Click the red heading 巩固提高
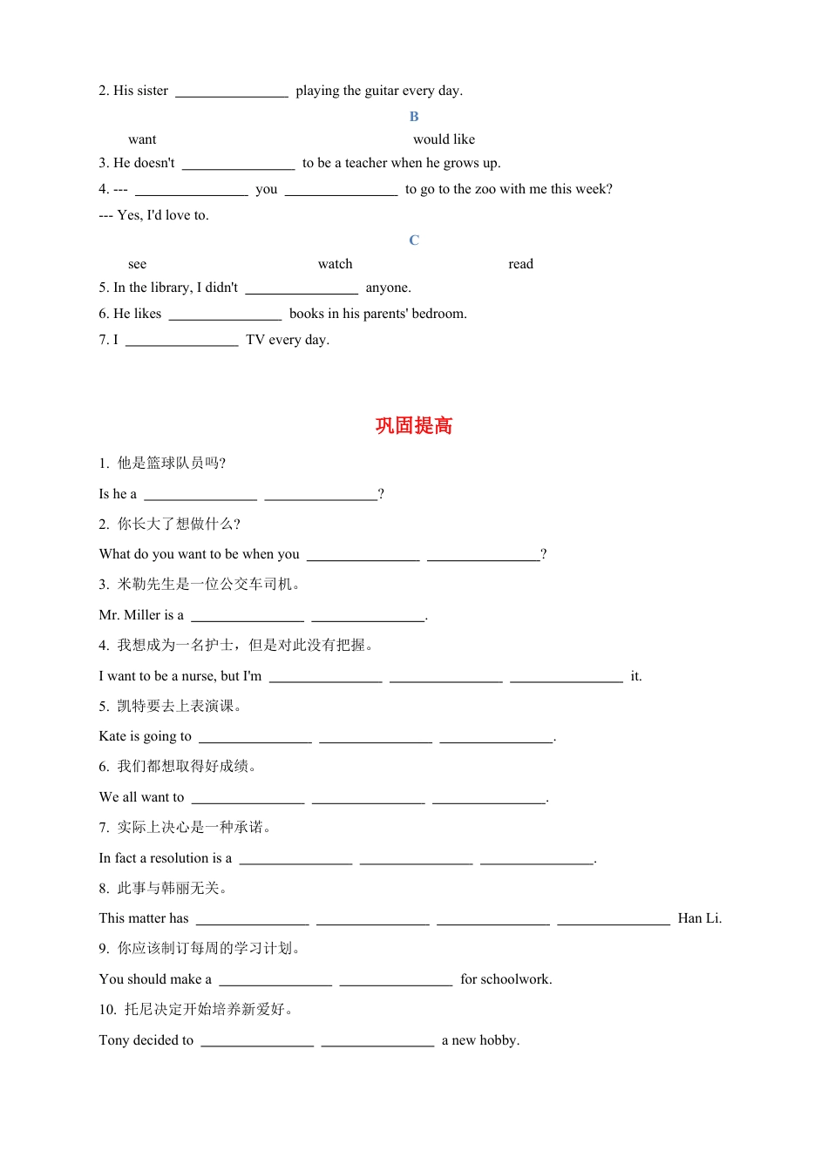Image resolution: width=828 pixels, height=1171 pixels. [x=414, y=426]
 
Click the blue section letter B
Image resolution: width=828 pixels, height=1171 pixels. [x=414, y=117]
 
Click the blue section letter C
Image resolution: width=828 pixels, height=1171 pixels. [x=414, y=240]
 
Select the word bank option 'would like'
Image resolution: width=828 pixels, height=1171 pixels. [x=444, y=139]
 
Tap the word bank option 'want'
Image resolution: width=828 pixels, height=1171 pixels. [x=142, y=139]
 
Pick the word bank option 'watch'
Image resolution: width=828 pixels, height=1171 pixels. [x=335, y=264]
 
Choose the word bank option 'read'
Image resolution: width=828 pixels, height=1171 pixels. [x=520, y=264]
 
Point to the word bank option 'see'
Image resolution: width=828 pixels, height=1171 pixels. [x=137, y=264]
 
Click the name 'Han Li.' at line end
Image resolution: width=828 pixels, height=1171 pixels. [x=699, y=918]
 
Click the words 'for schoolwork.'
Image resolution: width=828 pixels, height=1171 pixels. [x=506, y=979]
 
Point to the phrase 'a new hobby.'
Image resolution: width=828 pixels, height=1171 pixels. [x=480, y=1040]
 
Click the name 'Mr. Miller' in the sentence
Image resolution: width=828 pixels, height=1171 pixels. [x=130, y=615]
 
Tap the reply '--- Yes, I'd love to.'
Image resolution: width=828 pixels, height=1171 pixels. [x=153, y=215]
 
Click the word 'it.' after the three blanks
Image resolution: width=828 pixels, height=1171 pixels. [x=635, y=676]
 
